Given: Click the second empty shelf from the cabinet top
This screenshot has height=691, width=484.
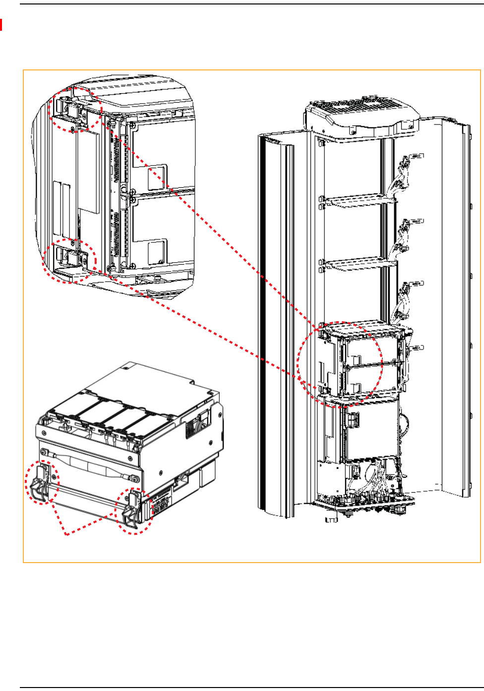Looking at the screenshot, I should (x=355, y=264).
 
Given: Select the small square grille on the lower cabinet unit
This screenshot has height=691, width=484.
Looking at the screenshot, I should (x=354, y=418).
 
